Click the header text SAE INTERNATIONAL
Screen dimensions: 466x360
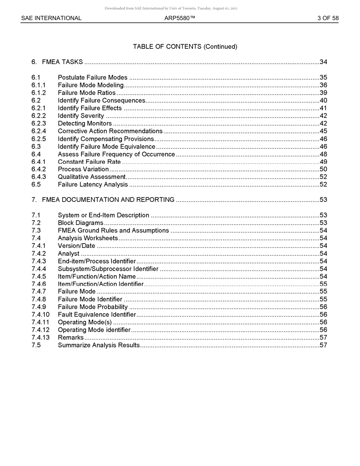(51, 18)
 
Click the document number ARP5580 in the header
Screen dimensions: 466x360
(180, 18)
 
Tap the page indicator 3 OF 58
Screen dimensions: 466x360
(328, 18)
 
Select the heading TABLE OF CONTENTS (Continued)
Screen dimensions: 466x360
(185, 47)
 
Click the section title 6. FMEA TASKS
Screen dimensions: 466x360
(57, 62)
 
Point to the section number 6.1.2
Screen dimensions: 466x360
(39, 93)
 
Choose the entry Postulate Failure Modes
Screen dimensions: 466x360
(92, 78)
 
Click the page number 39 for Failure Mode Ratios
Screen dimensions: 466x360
(323, 93)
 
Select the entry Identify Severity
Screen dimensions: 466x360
(81, 116)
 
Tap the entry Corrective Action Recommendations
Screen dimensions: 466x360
(110, 131)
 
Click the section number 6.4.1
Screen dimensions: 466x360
(39, 162)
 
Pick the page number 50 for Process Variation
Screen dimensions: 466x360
(323, 169)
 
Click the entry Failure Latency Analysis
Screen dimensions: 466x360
(93, 185)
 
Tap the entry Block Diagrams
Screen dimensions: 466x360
(80, 223)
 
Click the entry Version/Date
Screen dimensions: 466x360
(77, 246)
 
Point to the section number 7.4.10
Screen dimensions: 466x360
(41, 314)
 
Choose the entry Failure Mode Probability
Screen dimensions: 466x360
(93, 307)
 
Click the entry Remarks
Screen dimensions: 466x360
(70, 338)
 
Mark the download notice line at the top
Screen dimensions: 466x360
(171, 8)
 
